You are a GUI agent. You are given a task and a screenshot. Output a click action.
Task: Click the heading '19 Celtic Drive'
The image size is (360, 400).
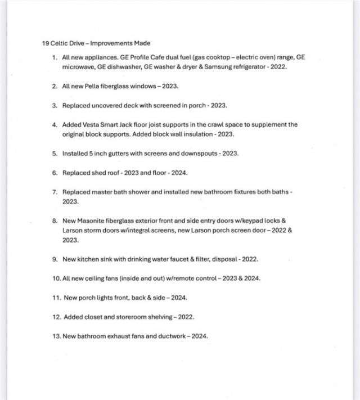[62, 43]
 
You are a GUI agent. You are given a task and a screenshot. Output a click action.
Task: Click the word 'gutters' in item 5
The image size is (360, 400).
[120, 153]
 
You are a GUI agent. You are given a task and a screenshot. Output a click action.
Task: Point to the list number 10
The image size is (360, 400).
[56, 278]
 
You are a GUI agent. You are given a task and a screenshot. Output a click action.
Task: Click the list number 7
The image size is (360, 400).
[55, 192]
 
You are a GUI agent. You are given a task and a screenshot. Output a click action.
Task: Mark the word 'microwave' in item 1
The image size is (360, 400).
[78, 66]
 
